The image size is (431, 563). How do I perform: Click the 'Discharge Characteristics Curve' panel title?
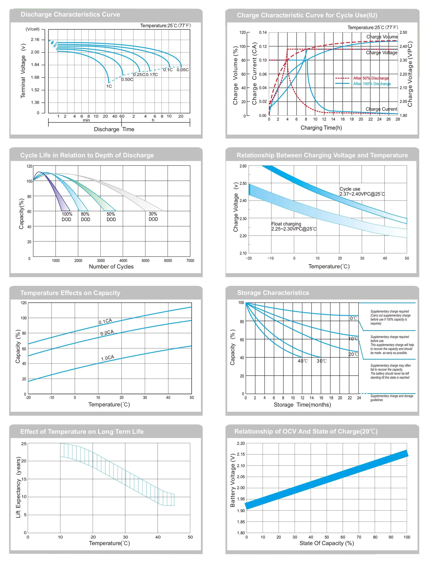(x=70, y=14)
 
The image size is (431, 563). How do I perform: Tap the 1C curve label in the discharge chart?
(x=109, y=86)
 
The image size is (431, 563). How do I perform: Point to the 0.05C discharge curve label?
(x=182, y=70)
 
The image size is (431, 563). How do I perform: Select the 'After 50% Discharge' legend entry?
(x=371, y=78)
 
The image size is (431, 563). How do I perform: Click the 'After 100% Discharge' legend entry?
(x=372, y=84)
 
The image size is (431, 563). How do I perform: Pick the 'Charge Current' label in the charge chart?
(x=381, y=109)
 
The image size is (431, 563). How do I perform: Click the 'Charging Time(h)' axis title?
(x=321, y=128)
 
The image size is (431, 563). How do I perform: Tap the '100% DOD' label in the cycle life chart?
(x=67, y=217)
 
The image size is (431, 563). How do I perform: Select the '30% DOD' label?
(x=153, y=216)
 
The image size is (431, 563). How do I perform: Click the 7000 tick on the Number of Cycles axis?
(x=190, y=261)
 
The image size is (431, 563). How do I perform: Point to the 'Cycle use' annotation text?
(x=350, y=189)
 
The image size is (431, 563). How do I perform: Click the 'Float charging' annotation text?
(x=286, y=224)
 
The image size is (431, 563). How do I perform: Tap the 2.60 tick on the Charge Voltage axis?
(x=243, y=166)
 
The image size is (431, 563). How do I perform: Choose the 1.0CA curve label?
(x=108, y=358)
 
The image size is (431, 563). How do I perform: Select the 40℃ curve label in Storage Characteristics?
(x=302, y=361)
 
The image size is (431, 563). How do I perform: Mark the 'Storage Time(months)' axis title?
(x=302, y=405)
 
